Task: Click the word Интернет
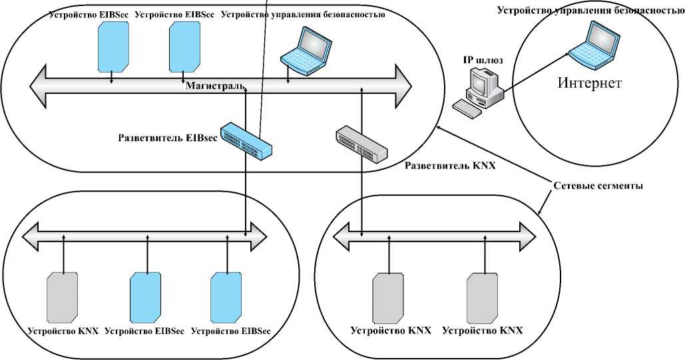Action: click(589, 83)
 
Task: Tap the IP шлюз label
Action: click(483, 60)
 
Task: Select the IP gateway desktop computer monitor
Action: click(482, 83)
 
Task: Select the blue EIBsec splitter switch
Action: click(246, 140)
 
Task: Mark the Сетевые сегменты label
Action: click(598, 186)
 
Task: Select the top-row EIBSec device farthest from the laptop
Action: click(112, 46)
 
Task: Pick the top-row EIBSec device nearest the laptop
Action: click(183, 46)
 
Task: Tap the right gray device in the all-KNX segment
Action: click(481, 296)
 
